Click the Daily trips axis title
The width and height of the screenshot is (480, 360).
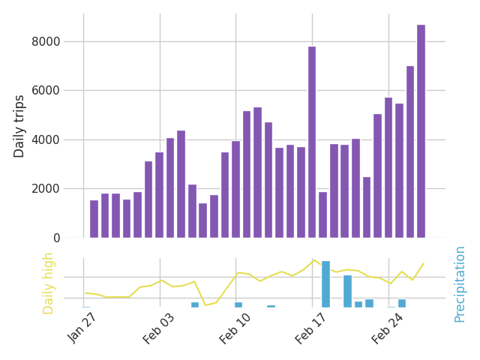tap(20, 126)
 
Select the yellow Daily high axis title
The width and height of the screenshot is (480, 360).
tap(49, 283)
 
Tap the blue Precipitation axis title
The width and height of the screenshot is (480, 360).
tap(460, 284)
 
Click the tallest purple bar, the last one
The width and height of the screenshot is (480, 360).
tap(421, 131)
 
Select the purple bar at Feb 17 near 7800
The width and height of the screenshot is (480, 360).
tap(312, 142)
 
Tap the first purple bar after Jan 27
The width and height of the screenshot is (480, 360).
tap(94, 219)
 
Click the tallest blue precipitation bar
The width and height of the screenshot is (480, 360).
tap(325, 284)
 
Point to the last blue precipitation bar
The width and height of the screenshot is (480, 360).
tap(402, 303)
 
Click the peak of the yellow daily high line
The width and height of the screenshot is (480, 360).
tap(314, 259)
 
